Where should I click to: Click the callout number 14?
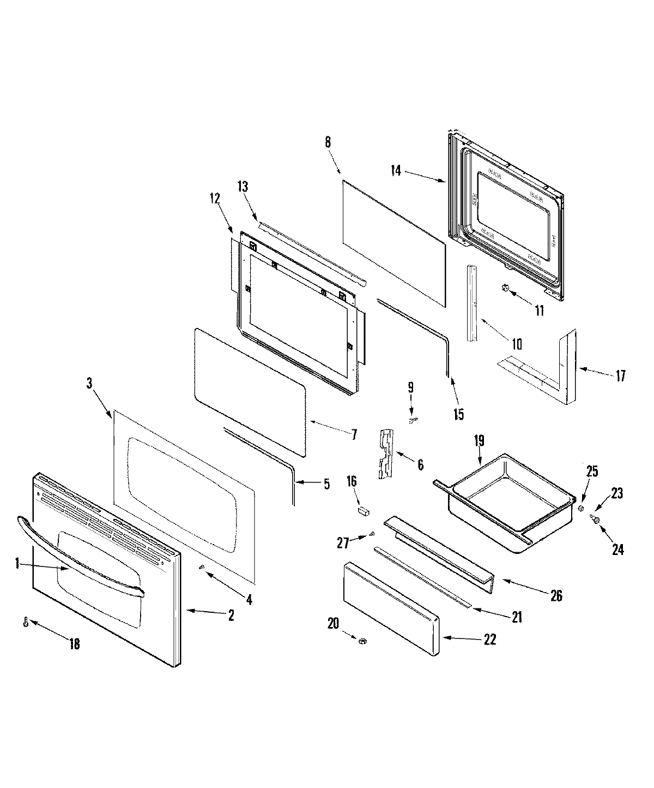tap(396, 171)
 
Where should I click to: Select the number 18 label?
tap(74, 644)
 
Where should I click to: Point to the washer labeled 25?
tap(581, 509)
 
